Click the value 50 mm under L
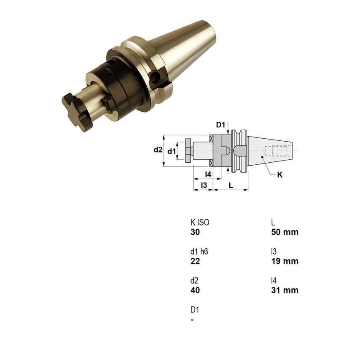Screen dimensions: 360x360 point(285,232)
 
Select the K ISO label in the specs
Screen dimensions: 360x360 point(200,223)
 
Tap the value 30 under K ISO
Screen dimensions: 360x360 point(195,232)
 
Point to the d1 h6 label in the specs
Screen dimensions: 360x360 point(199,252)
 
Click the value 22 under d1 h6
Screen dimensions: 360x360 point(195,261)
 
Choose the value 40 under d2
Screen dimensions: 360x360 point(195,290)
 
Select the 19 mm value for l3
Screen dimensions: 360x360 point(285,261)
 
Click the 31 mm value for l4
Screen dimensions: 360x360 point(285,290)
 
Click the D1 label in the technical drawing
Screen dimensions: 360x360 point(221,125)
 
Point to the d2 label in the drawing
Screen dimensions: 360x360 point(157,150)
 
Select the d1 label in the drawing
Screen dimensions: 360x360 point(171,151)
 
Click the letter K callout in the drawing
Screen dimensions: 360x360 point(280,175)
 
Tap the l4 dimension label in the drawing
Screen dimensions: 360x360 point(208,174)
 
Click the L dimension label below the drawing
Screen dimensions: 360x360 point(231,185)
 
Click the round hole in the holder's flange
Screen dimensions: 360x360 point(157,78)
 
